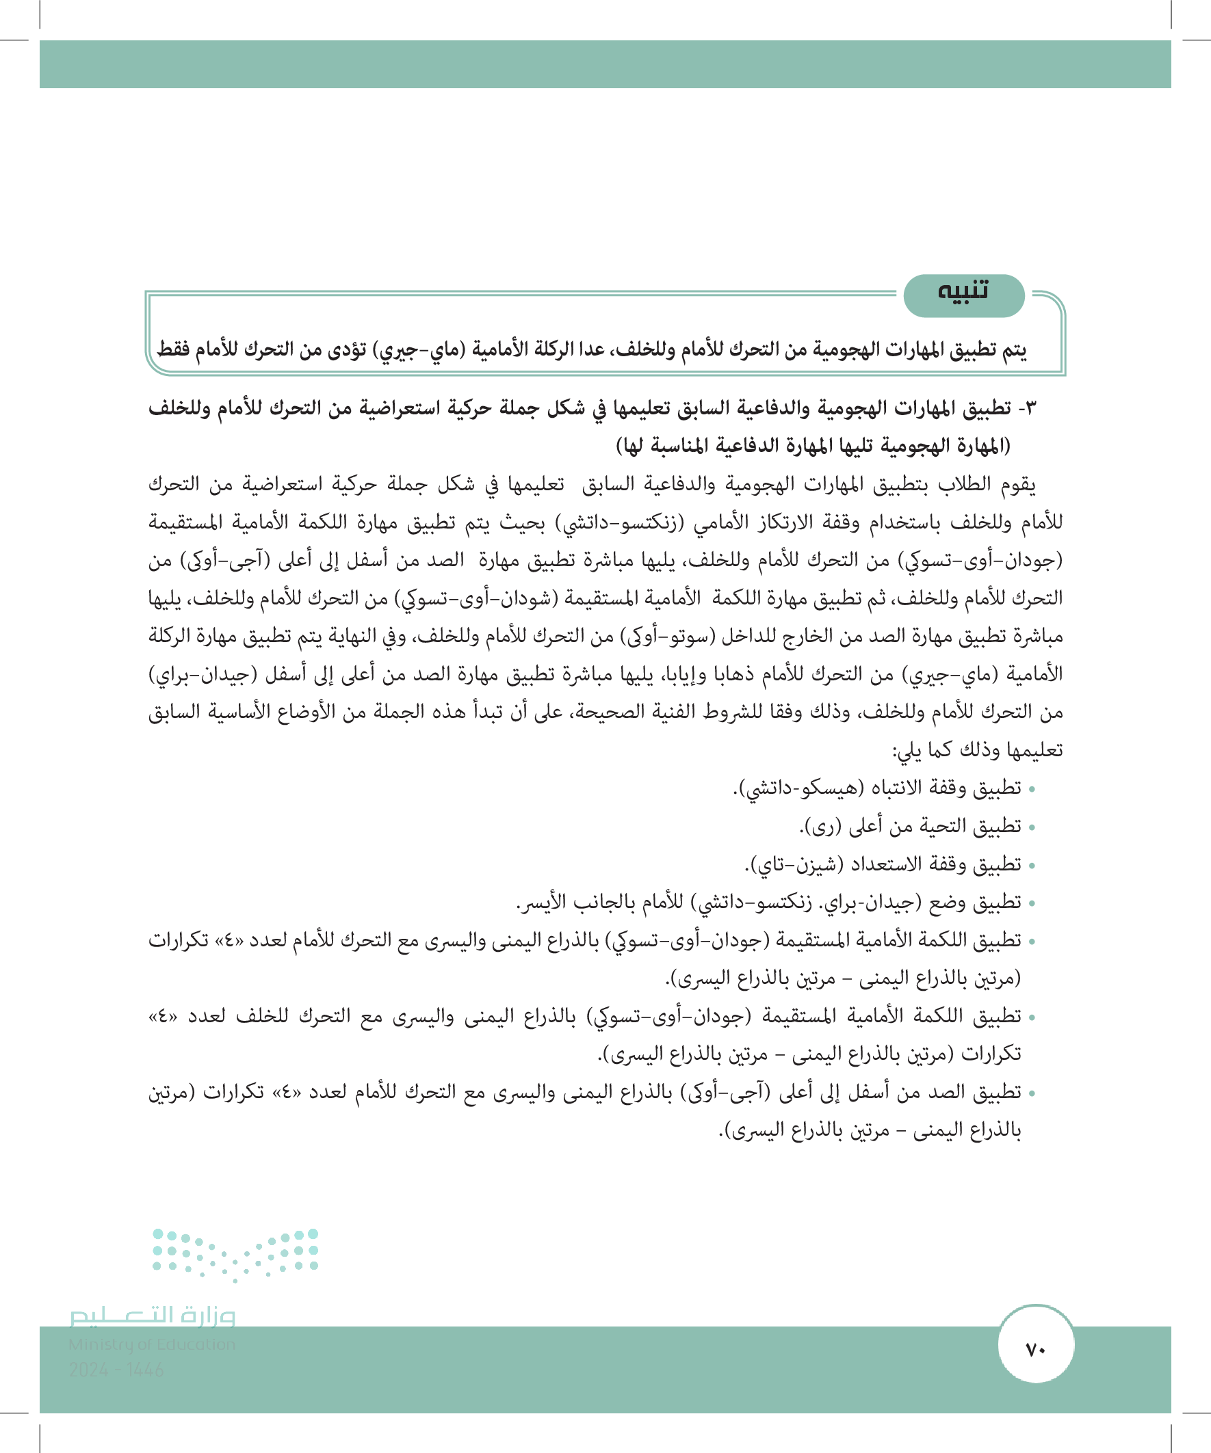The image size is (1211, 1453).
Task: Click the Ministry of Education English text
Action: tap(153, 1344)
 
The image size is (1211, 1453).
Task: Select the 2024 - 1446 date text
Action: tap(116, 1370)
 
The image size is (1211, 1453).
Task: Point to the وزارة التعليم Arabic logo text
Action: tap(153, 1316)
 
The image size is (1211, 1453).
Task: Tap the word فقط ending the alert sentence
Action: tap(173, 349)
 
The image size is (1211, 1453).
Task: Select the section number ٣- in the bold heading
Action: tap(1028, 408)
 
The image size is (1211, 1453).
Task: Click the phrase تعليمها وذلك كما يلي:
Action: tap(977, 750)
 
